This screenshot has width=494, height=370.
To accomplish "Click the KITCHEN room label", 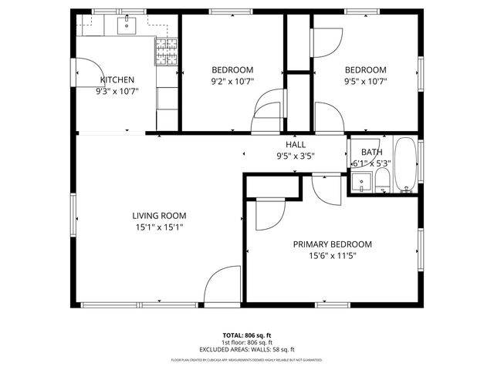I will [x=117, y=79].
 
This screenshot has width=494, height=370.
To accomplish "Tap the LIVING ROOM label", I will [x=159, y=216].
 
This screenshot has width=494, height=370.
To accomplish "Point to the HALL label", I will [x=296, y=145].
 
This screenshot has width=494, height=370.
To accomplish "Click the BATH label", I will [x=371, y=153].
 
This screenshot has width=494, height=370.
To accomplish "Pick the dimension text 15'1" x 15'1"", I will [x=159, y=227].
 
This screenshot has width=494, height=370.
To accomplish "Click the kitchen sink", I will [x=127, y=25].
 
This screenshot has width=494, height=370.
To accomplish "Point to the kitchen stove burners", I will [x=167, y=55].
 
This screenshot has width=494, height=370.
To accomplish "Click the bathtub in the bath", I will [x=405, y=165].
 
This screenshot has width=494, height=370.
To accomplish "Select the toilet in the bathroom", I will [x=382, y=182].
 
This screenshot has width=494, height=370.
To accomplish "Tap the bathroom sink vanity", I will [x=360, y=182].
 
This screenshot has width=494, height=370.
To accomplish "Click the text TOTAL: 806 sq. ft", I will [x=247, y=335].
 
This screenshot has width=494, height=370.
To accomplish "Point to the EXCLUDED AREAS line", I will [x=247, y=349].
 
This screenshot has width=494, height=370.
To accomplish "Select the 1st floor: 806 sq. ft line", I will [x=247, y=342].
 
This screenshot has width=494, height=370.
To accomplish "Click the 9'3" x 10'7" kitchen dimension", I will [x=117, y=91].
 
